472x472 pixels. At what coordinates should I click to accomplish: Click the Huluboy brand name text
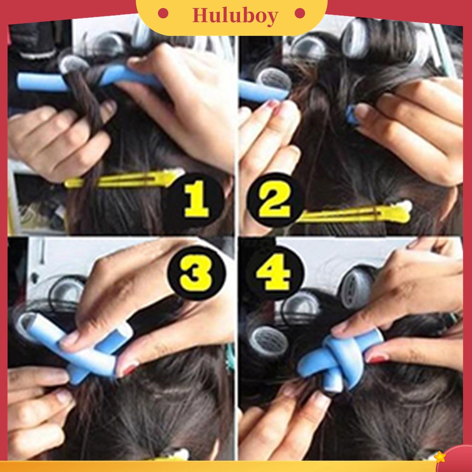(235, 16)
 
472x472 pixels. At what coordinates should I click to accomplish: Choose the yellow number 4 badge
(274, 273)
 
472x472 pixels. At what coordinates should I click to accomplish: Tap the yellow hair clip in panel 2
(360, 213)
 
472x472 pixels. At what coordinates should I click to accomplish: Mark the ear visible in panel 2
(449, 203)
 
